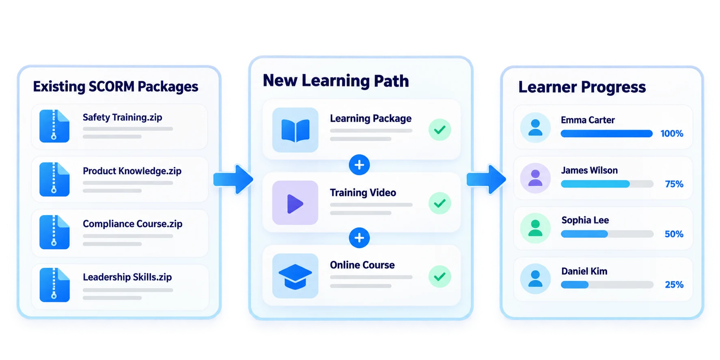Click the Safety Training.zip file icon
[54, 126]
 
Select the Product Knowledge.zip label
[132, 171]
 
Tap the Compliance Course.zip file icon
[54, 232]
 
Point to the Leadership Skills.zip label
[127, 277]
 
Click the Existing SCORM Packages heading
[116, 86]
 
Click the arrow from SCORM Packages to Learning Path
[233, 179]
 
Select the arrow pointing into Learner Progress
[486, 179]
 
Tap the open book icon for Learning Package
[295, 130]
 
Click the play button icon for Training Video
[295, 203]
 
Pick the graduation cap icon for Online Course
[295, 276]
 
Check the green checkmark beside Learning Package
[440, 130]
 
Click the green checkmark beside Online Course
[440, 276]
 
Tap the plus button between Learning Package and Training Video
[359, 165]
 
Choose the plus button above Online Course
[359, 238]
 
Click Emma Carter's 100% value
[672, 134]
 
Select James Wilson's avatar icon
[535, 178]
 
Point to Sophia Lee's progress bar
[607, 234]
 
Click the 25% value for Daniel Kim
[674, 285]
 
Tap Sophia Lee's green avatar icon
[535, 228]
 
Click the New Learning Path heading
[336, 80]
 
